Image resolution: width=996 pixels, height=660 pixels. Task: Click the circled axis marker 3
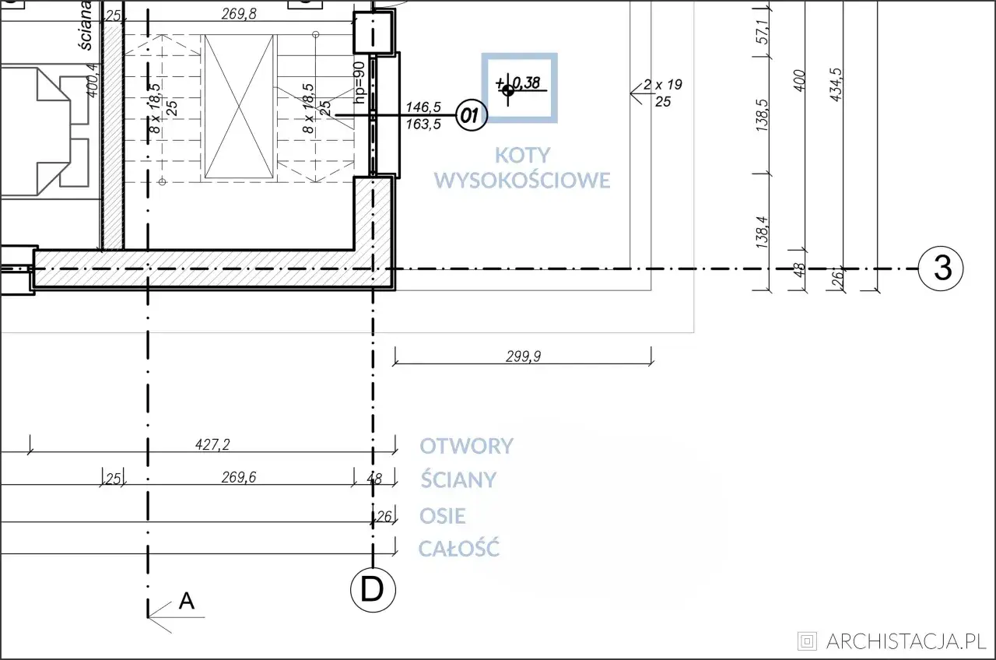[941, 269]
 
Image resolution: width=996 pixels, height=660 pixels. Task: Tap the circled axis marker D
[373, 590]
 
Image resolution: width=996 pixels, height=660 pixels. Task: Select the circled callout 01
[472, 115]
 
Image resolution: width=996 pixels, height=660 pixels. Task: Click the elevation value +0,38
[518, 83]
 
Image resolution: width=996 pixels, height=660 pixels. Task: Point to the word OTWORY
[466, 446]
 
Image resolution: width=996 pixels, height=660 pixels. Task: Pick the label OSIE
[443, 516]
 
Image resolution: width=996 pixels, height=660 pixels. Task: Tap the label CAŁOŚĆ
[459, 548]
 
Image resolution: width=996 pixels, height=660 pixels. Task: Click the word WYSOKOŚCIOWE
[522, 180]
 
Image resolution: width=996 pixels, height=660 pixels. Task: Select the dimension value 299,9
[524, 356]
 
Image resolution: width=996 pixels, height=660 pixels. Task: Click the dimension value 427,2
[212, 444]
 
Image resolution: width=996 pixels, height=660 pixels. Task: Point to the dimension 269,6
[239, 477]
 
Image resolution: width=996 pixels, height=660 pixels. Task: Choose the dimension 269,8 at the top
[239, 14]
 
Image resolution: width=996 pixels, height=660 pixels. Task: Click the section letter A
[186, 601]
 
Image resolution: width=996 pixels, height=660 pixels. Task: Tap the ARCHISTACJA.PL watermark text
[907, 641]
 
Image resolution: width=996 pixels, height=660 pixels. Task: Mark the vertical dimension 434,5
[836, 85]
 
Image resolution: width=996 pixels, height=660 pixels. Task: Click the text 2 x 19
[662, 85]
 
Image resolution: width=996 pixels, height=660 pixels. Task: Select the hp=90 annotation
[359, 82]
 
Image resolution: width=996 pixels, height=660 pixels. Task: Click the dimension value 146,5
[423, 107]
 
